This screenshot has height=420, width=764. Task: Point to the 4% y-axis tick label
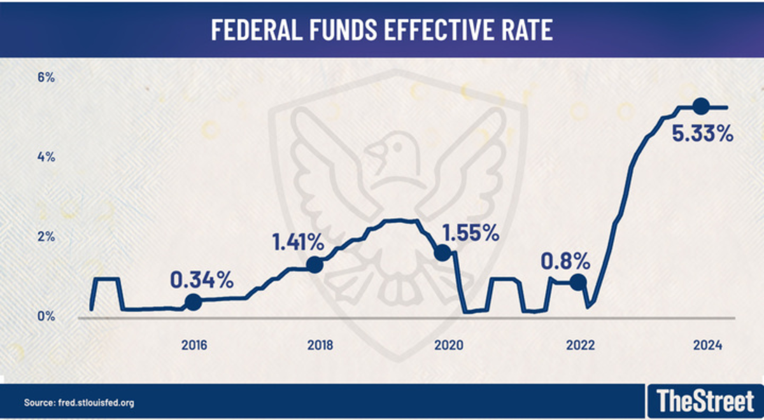click(46, 157)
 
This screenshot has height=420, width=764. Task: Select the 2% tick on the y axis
click(46, 237)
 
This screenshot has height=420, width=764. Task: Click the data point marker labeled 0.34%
click(193, 302)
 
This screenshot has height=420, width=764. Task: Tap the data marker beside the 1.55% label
click(442, 253)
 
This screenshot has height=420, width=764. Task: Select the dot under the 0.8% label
click(577, 282)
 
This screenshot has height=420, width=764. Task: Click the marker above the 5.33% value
click(700, 106)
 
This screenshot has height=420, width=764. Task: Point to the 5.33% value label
click(703, 134)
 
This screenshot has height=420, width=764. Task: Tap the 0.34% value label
click(202, 279)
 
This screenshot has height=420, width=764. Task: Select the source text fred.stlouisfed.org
click(79, 403)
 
